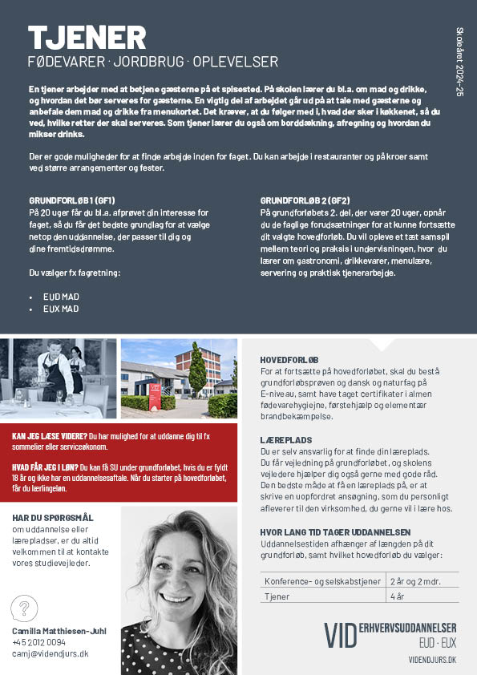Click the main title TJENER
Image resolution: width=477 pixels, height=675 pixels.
pyautogui.click(x=87, y=38)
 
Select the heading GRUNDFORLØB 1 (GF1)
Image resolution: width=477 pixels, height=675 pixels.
pyautogui.click(x=72, y=200)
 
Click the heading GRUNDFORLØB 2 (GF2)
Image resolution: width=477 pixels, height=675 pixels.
pyautogui.click(x=305, y=200)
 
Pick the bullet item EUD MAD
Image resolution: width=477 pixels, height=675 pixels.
pyautogui.click(x=61, y=296)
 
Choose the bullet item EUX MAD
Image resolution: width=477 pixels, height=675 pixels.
pyautogui.click(x=61, y=309)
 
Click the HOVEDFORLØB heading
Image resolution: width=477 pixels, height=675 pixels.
pyautogui.click(x=289, y=360)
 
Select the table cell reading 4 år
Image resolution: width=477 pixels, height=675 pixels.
pyautogui.click(x=398, y=596)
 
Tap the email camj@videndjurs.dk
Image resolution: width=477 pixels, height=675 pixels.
pyautogui.click(x=50, y=654)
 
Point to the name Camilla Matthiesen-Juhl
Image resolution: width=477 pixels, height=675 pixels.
pyautogui.click(x=59, y=631)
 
